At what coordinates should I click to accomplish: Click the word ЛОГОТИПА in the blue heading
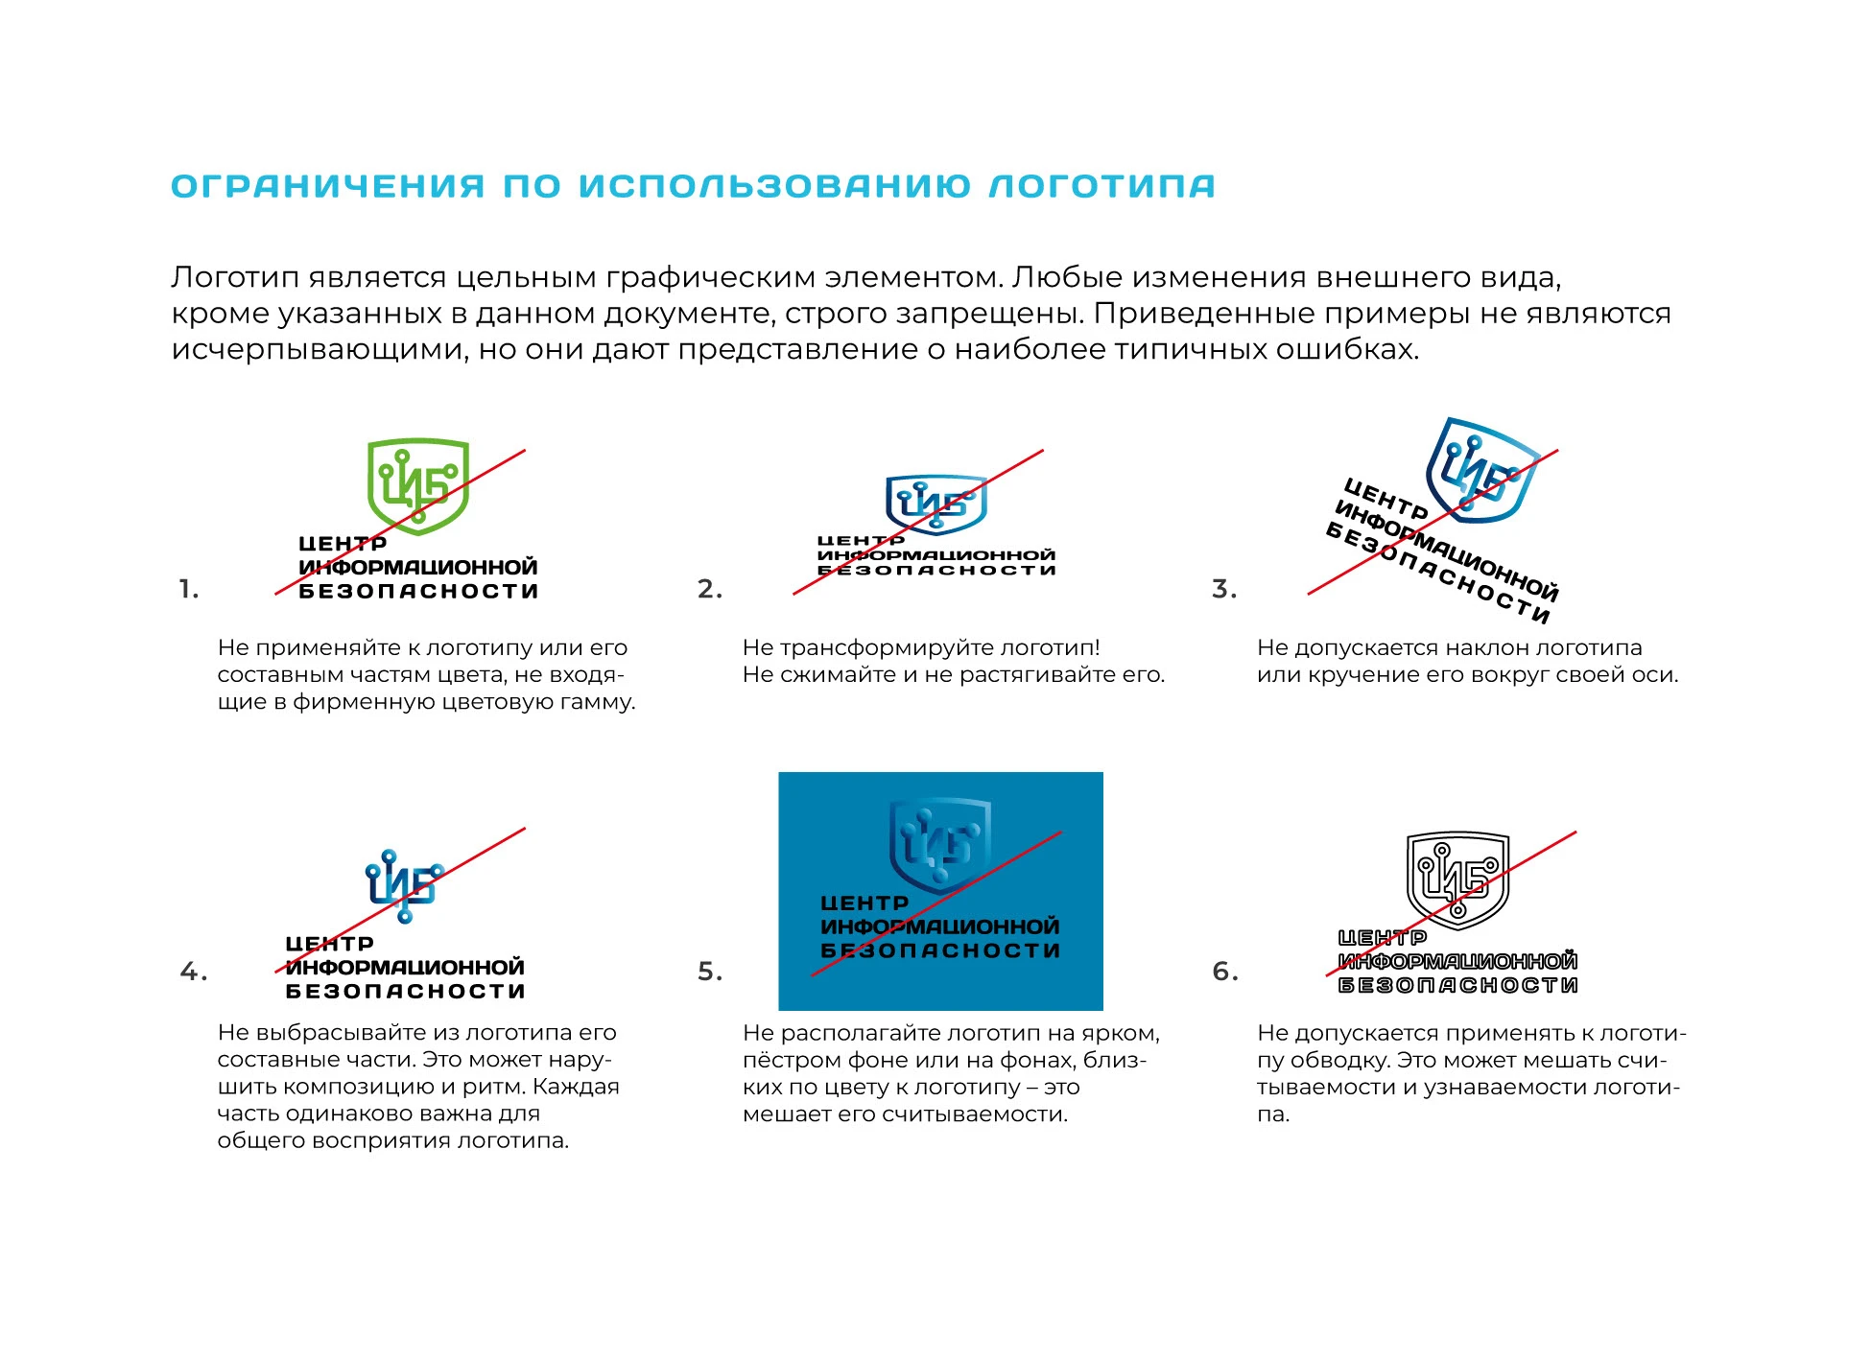pyautogui.click(x=1101, y=186)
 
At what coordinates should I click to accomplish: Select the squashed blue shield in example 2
pyautogui.click(x=935, y=503)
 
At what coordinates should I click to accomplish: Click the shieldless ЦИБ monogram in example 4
pyautogui.click(x=403, y=885)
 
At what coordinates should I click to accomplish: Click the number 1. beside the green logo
pyautogui.click(x=189, y=589)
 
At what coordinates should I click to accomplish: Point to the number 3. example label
pyautogui.click(x=1224, y=589)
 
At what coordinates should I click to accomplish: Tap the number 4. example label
pyautogui.click(x=193, y=972)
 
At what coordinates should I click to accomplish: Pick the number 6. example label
pyautogui.click(x=1225, y=972)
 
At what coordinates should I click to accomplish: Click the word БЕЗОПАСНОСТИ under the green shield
pyautogui.click(x=418, y=592)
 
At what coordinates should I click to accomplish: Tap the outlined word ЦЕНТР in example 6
pyautogui.click(x=1383, y=938)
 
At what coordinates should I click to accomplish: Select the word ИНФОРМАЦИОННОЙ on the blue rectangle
pyautogui.click(x=940, y=926)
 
